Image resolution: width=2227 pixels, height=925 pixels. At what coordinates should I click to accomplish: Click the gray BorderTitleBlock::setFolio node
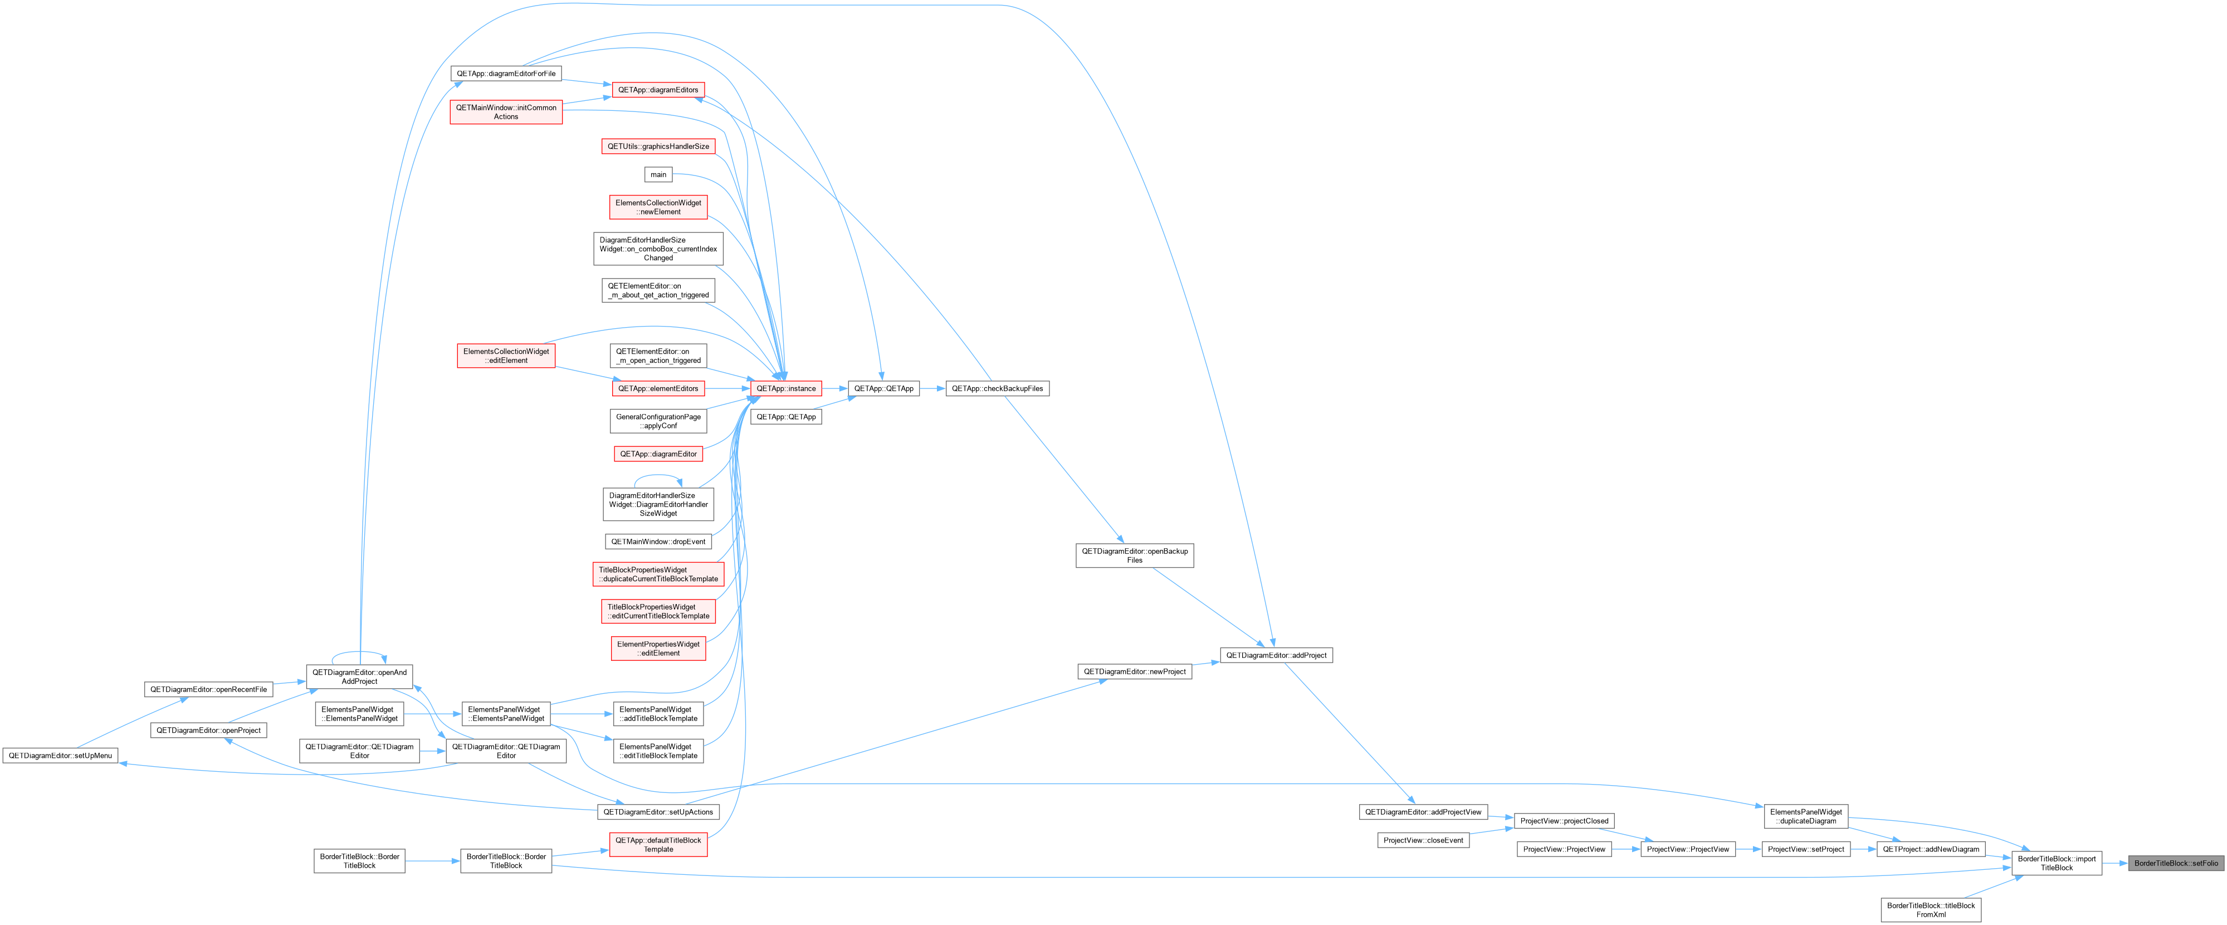[x=2175, y=863]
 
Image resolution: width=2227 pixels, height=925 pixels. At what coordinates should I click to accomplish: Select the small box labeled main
[x=658, y=174]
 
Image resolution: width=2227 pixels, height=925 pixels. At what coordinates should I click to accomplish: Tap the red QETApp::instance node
[x=786, y=388]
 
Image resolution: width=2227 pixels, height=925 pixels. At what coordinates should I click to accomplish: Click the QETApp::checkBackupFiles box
[x=997, y=388]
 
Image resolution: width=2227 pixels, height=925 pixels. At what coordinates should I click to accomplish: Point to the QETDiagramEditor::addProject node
[x=1276, y=655]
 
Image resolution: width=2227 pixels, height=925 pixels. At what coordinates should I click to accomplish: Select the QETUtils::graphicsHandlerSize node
[x=658, y=146]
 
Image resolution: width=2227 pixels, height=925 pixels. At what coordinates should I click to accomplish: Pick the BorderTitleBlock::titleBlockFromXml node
[x=1931, y=909]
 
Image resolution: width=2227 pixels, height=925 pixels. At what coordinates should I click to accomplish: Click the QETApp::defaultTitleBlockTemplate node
[x=658, y=845]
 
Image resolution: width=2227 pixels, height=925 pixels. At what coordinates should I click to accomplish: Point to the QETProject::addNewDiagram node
[x=1931, y=849]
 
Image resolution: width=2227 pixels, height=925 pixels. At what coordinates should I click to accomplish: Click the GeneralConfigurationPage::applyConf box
[x=658, y=421]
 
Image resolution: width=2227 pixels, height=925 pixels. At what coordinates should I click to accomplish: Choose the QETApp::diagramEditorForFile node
[x=506, y=74]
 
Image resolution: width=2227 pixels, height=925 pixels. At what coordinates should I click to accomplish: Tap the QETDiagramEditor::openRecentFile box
[x=208, y=689]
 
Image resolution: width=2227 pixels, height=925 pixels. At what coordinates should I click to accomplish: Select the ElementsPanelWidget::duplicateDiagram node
[x=1806, y=816]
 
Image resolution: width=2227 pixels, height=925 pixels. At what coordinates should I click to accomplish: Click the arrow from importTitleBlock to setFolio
[x=2114, y=863]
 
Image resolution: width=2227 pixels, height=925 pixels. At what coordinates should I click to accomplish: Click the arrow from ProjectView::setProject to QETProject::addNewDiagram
[x=1863, y=849]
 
